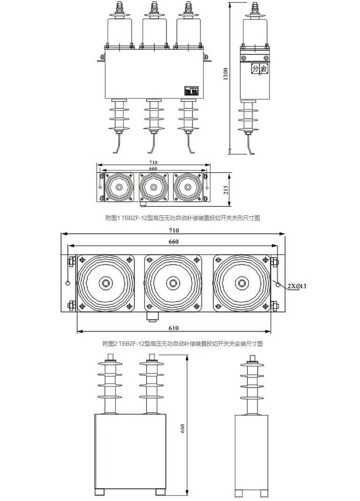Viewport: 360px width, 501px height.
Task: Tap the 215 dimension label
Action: (x=226, y=190)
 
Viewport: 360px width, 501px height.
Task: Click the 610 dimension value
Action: (x=174, y=328)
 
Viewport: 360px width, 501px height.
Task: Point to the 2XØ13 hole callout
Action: (x=297, y=286)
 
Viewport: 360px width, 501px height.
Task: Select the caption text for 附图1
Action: (x=182, y=218)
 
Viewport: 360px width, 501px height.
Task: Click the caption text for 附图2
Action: (x=182, y=343)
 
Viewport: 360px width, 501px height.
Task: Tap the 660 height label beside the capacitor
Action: (x=183, y=428)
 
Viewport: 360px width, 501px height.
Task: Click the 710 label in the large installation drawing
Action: (x=174, y=230)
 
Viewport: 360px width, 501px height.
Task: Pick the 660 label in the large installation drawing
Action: (x=174, y=242)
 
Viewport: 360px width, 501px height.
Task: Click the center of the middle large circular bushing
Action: (x=174, y=283)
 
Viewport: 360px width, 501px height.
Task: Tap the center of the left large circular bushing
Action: (x=105, y=283)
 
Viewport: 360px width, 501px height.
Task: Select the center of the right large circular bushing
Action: (x=242, y=283)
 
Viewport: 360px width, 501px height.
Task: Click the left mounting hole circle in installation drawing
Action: (x=69, y=283)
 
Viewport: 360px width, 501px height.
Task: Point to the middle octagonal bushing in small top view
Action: (x=153, y=187)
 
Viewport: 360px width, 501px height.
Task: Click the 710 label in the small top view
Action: (x=153, y=162)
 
